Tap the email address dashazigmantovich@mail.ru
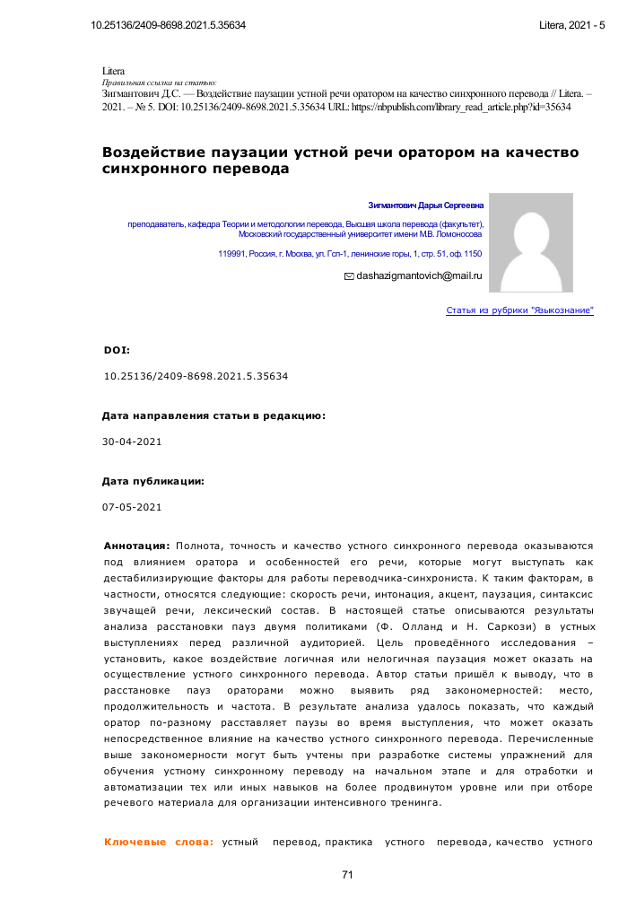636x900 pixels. (420, 276)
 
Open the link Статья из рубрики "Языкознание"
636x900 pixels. (519, 310)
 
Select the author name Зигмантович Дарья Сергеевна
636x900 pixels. (425, 205)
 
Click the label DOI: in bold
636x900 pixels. (117, 349)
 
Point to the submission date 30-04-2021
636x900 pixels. (133, 441)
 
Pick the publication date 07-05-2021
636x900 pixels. (133, 507)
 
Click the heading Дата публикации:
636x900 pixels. (153, 482)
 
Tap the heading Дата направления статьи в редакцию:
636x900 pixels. (213, 416)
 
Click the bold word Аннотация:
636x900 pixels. (137, 545)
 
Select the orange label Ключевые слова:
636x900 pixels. (159, 842)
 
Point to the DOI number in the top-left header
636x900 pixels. (169, 24)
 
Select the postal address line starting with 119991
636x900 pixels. (350, 254)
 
